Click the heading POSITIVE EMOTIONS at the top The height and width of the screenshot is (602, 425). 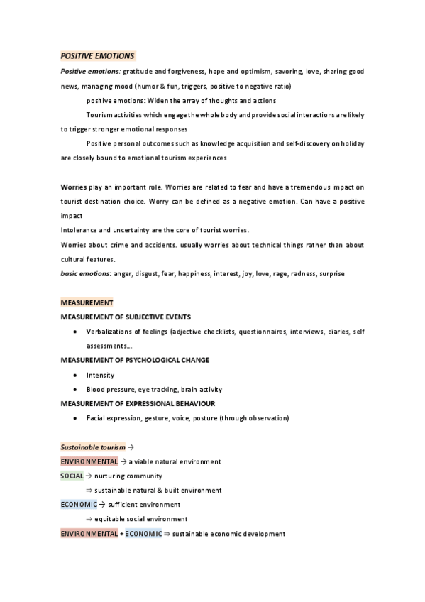pyautogui.click(x=97, y=55)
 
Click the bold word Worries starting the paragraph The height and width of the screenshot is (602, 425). pyautogui.click(x=74, y=187)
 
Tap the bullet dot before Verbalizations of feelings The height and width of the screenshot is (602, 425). pyautogui.click(x=75, y=332)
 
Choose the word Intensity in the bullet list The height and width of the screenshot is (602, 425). pyautogui.click(x=100, y=375)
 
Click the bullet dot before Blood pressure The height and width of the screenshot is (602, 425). pyautogui.click(x=75, y=390)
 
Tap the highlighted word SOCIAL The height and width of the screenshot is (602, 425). pyautogui.click(x=72, y=476)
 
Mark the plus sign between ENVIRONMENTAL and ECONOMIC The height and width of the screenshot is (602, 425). pyautogui.click(x=121, y=533)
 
